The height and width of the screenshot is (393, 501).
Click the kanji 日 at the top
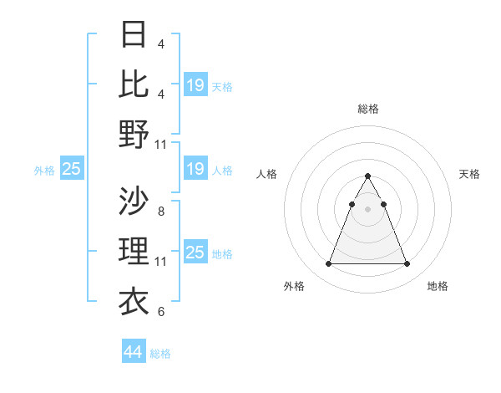[134, 35]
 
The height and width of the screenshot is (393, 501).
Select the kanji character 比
[134, 84]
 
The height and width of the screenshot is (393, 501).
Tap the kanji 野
[134, 134]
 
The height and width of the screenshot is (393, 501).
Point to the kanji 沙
[134, 201]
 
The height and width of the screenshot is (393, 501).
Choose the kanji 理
[134, 250]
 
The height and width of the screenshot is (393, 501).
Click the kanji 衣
[134, 300]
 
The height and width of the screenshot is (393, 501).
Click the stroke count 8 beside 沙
[160, 212]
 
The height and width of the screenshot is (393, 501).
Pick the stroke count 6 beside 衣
[160, 312]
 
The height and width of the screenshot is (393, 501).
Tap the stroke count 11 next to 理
[161, 262]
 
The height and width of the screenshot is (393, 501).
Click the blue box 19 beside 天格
[195, 85]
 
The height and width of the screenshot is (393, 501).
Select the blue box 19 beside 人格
[195, 170]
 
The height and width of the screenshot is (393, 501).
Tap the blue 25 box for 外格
[71, 170]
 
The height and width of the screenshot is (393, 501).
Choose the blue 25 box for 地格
[195, 253]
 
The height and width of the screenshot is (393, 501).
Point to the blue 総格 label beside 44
[160, 354]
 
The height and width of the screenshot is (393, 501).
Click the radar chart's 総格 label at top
[367, 109]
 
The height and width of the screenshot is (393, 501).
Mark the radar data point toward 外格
[328, 264]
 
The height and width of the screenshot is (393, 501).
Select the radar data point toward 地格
[407, 264]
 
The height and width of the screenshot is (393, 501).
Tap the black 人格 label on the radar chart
[267, 174]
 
